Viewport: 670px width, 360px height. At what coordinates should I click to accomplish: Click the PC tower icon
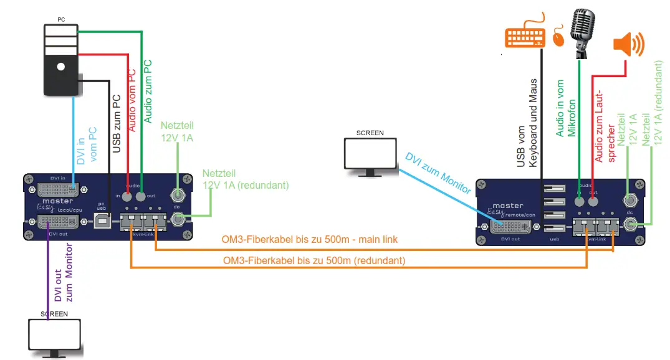pos(60,60)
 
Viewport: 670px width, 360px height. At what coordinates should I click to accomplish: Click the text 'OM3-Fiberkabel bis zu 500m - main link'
pos(310,240)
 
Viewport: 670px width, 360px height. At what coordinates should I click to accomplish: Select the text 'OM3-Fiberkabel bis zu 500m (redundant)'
pos(313,261)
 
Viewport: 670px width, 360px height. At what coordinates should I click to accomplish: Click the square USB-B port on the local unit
pos(104,221)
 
